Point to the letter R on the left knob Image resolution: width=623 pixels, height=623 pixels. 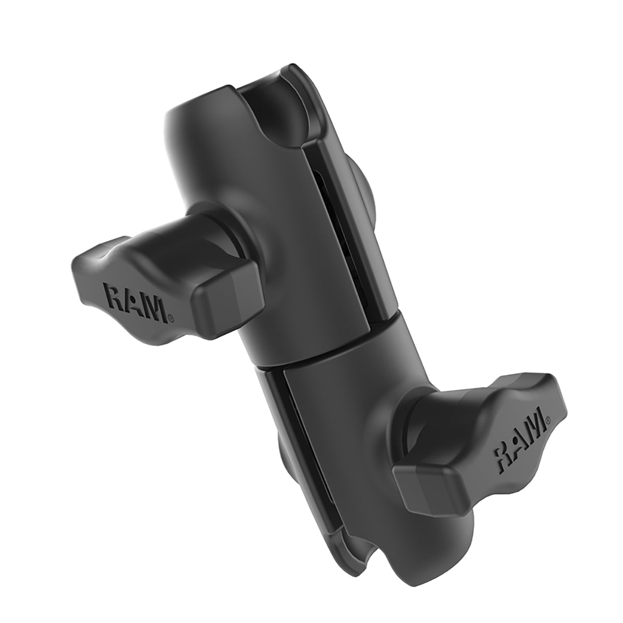click(115, 296)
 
